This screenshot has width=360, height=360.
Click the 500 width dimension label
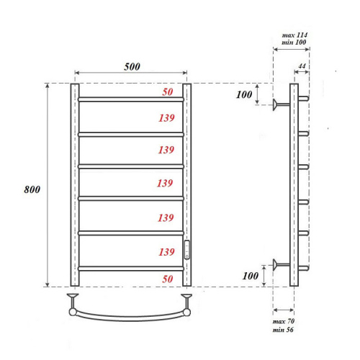[130, 66]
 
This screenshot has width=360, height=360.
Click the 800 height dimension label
[30, 189]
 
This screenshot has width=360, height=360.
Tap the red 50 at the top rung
[167, 93]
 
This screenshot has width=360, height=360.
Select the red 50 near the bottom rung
[167, 278]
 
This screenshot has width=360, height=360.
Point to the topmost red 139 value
[165, 117]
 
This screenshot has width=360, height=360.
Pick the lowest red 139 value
[165, 252]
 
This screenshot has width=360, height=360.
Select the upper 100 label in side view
[246, 95]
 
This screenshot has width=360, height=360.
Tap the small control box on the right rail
[186, 249]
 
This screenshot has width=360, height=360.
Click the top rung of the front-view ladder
[130, 99]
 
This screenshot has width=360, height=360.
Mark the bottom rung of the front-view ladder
[130, 268]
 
